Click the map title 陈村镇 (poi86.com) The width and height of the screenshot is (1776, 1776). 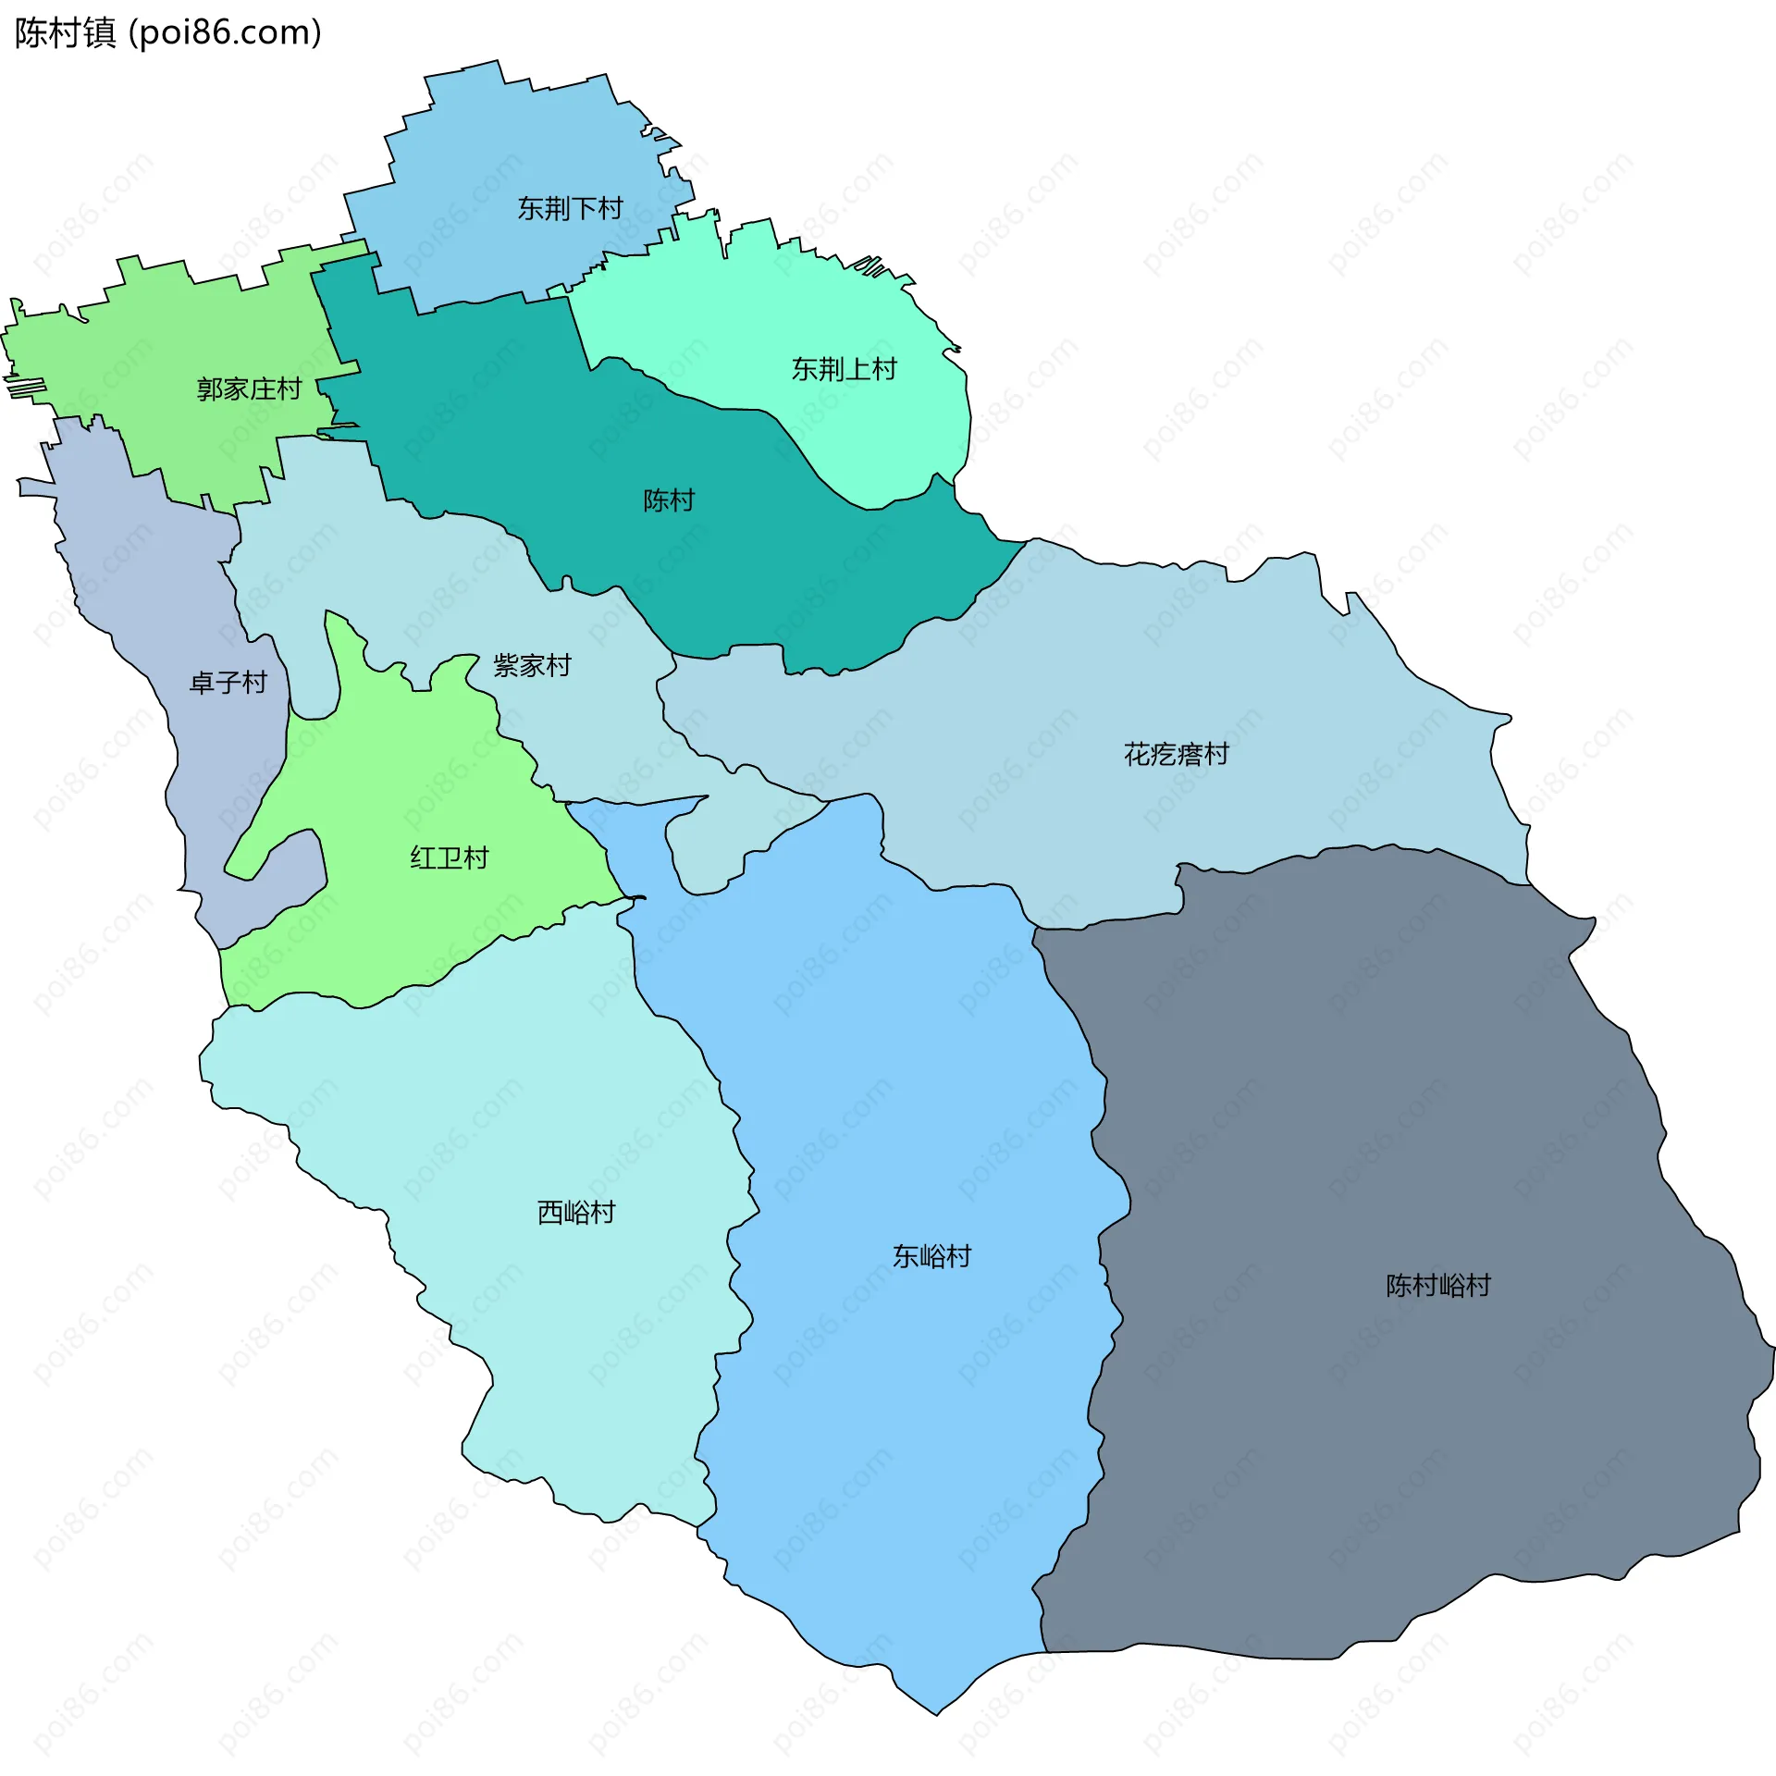pyautogui.click(x=167, y=33)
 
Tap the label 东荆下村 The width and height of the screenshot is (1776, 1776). pyautogui.click(x=570, y=209)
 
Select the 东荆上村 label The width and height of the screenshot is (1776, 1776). pyautogui.click(x=844, y=370)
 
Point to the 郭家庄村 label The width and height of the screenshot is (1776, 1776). pyautogui.click(x=249, y=389)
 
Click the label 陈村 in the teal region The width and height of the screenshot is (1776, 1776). pyautogui.click(x=668, y=501)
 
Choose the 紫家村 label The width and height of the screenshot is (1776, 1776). pyautogui.click(x=532, y=666)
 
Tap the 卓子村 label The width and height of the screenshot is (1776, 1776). pyautogui.click(x=228, y=684)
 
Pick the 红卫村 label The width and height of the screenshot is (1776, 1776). pyautogui.click(x=449, y=858)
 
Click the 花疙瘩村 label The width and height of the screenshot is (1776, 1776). pyautogui.click(x=1176, y=755)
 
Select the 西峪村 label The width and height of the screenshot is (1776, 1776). pyautogui.click(x=576, y=1213)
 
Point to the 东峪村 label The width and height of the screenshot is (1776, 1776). pyautogui.click(x=931, y=1256)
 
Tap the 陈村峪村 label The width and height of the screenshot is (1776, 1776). pyautogui.click(x=1437, y=1286)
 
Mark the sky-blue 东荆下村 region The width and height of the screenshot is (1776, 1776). pyautogui.click(x=518, y=139)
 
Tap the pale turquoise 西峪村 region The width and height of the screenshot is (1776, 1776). pyautogui.click(x=555, y=1341)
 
